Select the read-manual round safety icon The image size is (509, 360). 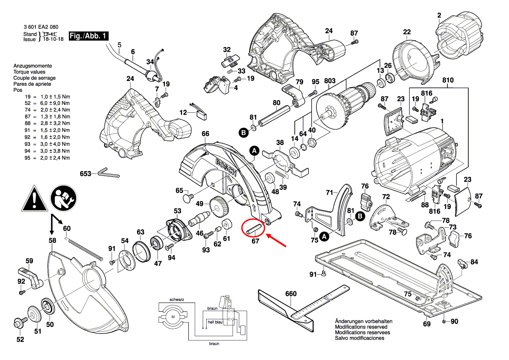[63, 199]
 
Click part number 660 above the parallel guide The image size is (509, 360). [291, 294]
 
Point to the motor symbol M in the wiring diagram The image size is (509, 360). [173, 316]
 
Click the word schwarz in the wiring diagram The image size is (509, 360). [177, 300]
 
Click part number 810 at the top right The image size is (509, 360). [448, 81]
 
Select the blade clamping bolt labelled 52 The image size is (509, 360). [19, 323]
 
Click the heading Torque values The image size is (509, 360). [29, 72]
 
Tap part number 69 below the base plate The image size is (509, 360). [427, 324]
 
